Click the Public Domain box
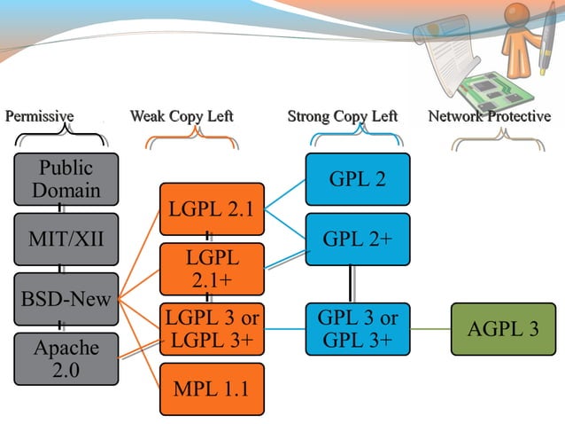[66, 179]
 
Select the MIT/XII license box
[66, 239]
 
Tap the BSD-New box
[66, 299]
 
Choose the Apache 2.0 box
[66, 358]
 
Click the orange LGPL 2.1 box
[212, 209]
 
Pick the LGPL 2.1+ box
[212, 269]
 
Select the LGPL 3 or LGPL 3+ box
[212, 329]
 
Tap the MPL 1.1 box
[212, 389]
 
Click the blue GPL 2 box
[357, 179]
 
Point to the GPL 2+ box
[357, 239]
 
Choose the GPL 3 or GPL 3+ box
[357, 329]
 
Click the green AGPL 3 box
[503, 329]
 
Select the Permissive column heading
[40, 116]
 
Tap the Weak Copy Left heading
[182, 116]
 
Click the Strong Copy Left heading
[342, 116]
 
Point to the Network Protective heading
[489, 116]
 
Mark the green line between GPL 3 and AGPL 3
[430, 329]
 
